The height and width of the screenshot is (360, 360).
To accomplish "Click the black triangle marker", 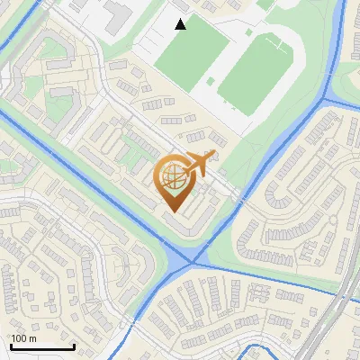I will coord(181,24).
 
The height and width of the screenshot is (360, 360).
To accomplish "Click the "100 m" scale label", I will coord(23,338).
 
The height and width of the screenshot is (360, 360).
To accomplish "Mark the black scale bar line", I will coord(41,346).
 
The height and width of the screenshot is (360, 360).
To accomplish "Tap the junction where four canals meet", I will coord(192,263).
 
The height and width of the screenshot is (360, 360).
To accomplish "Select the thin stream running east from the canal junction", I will coord(270,278).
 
